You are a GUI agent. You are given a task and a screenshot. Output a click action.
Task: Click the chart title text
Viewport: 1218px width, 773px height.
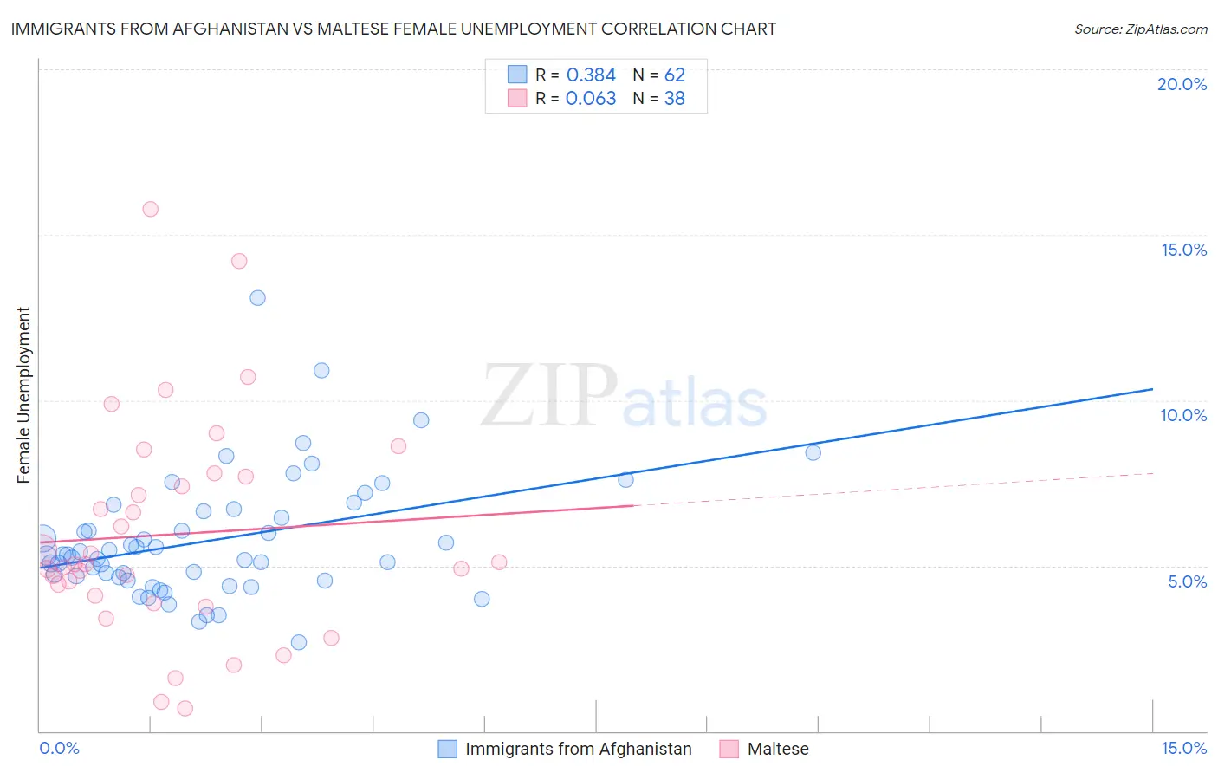click(x=393, y=29)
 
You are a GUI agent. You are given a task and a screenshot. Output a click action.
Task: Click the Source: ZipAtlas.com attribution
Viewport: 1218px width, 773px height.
click(x=1140, y=29)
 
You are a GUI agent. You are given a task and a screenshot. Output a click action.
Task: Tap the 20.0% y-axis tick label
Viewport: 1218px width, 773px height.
click(x=1182, y=84)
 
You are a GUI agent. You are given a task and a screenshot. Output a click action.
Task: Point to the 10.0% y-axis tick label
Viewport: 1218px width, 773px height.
click(x=1182, y=415)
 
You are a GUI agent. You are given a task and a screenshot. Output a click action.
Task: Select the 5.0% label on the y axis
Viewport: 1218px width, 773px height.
click(x=1187, y=581)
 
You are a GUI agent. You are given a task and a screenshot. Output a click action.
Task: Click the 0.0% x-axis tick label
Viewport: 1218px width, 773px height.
click(x=59, y=748)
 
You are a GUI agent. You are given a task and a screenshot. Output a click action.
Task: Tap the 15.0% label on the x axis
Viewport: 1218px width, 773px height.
click(x=1183, y=748)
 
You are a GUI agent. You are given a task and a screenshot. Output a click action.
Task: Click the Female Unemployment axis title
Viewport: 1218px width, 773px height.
click(x=23, y=394)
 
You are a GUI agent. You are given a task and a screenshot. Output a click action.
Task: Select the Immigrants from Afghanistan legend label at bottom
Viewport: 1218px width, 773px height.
click(x=578, y=749)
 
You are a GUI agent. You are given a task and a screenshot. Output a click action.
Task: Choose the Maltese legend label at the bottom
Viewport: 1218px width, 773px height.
click(x=778, y=749)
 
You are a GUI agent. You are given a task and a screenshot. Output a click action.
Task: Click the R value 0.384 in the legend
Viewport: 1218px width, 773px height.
click(x=591, y=75)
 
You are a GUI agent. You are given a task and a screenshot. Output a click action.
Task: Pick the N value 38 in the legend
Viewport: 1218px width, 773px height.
click(x=674, y=99)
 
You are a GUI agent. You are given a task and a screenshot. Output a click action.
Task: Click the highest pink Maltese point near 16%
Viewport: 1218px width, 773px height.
click(x=150, y=209)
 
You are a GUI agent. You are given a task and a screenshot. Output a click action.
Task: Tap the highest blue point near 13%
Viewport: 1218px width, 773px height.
click(x=257, y=298)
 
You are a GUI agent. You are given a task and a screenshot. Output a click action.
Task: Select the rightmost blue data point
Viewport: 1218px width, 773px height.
click(x=813, y=452)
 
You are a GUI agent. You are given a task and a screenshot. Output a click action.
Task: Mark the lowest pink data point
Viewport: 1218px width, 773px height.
click(x=185, y=708)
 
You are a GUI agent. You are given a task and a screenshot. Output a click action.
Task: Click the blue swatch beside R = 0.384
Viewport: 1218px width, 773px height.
click(x=517, y=75)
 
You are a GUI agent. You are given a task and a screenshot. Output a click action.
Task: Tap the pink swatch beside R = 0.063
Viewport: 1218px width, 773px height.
click(x=517, y=99)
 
